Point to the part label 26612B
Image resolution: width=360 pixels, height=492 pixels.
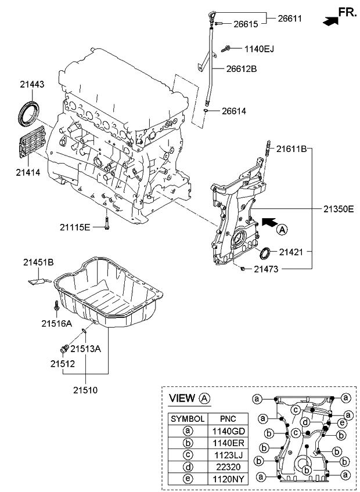(x=241, y=68)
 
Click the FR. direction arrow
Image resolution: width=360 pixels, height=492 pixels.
(x=329, y=21)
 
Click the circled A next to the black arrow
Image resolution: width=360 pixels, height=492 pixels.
(x=282, y=230)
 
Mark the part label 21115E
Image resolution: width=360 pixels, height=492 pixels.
(x=74, y=226)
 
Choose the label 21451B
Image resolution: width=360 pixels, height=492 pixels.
(x=38, y=263)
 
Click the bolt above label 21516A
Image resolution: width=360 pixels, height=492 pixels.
(x=55, y=304)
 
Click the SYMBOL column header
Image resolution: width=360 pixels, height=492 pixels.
(x=187, y=418)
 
